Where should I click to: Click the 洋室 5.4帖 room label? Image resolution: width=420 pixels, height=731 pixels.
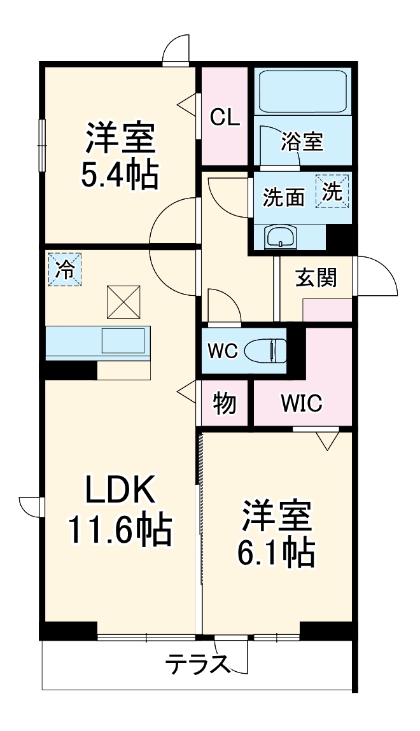point(119,157)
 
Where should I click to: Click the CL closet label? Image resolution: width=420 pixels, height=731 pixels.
point(225,117)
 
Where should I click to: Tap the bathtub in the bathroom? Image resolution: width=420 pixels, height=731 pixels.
point(302,91)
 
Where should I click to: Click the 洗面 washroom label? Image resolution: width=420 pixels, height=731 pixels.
point(283,198)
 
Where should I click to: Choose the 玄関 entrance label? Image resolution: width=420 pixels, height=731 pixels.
point(316,277)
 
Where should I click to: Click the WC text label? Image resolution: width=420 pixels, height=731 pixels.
point(223,350)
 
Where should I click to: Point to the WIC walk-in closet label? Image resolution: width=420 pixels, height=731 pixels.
point(302,403)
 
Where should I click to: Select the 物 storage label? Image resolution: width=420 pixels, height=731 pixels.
point(224,403)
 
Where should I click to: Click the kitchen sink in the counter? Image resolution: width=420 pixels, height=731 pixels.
point(123,341)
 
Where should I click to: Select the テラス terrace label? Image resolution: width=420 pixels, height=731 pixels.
point(197,665)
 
